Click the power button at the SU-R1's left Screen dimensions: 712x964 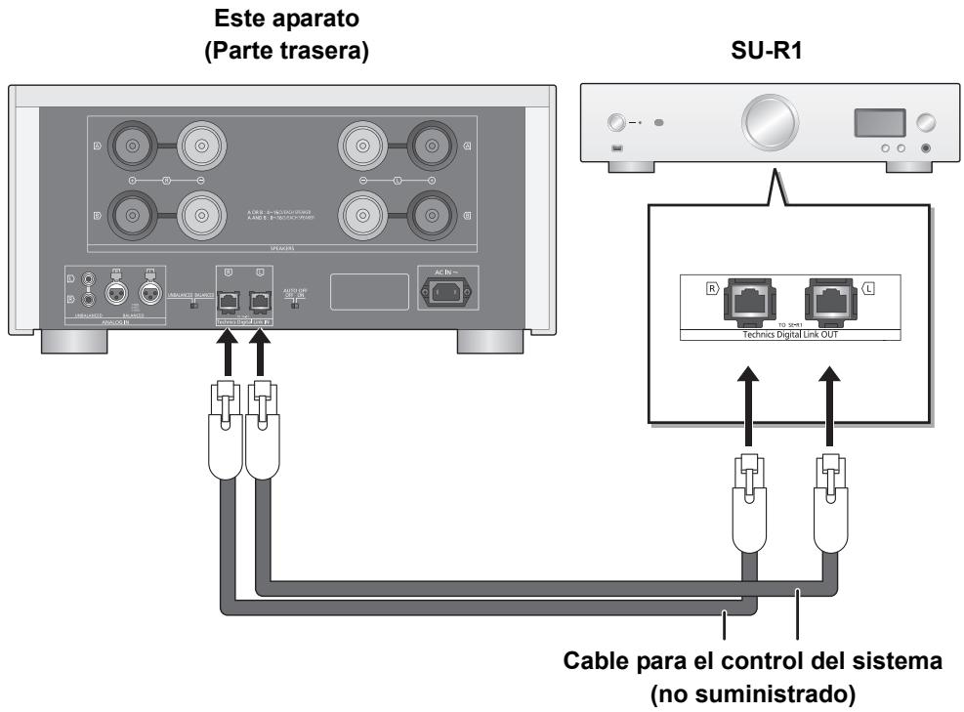(x=617, y=124)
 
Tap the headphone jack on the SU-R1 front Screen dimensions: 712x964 (x=922, y=149)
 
